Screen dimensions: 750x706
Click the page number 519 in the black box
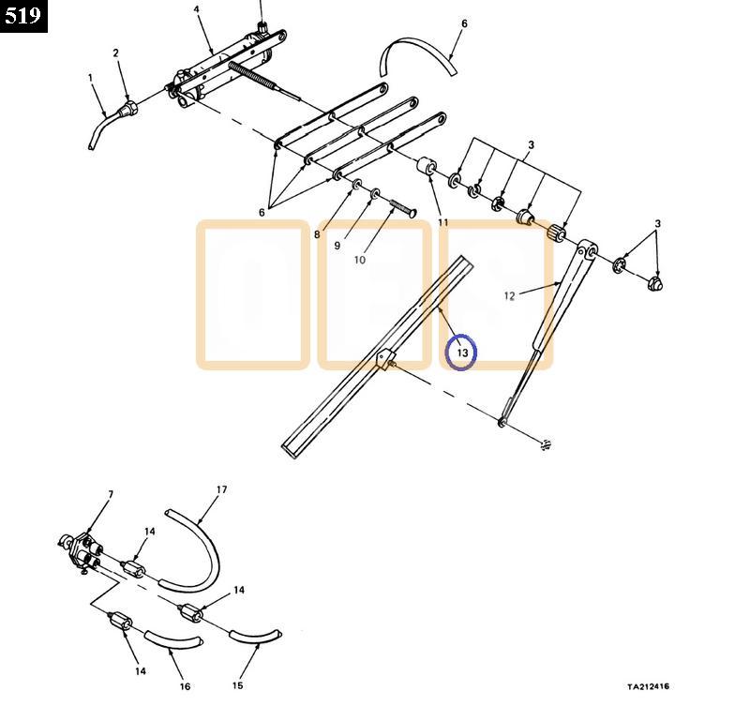(22, 16)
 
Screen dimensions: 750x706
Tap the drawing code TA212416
(648, 687)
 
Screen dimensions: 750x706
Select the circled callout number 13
(462, 353)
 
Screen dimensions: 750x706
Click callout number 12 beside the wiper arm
(509, 296)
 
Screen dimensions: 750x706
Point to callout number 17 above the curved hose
(221, 489)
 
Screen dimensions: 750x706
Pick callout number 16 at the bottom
(185, 686)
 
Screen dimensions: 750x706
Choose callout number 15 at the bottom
(238, 685)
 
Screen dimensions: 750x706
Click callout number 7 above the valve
(111, 494)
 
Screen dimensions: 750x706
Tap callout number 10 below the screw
(360, 260)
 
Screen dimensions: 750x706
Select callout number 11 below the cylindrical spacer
(443, 222)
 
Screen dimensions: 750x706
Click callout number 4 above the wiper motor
(197, 9)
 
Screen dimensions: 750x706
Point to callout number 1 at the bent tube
(90, 77)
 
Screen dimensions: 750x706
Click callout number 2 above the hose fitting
(115, 53)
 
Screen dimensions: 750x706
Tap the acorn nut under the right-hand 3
(655, 284)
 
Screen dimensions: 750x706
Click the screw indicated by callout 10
(403, 208)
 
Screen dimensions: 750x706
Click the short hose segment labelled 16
(172, 640)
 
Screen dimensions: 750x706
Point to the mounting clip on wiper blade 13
(385, 359)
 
